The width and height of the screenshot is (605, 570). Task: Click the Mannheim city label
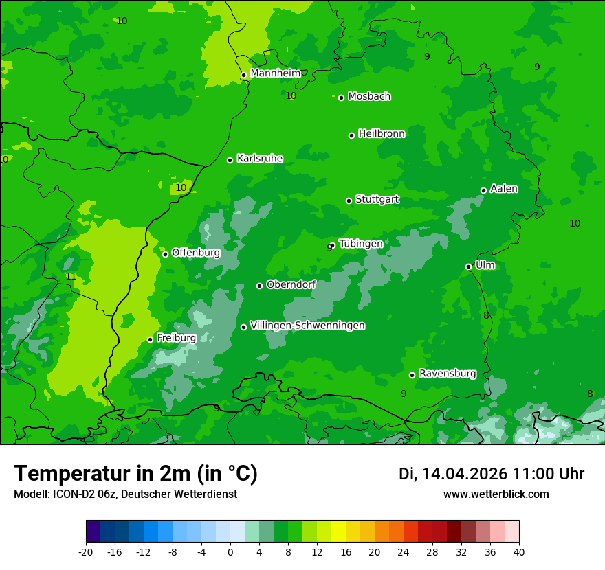275,73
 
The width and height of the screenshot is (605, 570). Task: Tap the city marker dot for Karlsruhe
230,160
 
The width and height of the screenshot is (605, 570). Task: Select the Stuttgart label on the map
377,200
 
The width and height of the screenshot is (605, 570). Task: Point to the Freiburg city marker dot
150,339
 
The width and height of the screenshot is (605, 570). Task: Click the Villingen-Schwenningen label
307,326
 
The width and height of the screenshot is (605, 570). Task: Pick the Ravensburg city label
447,374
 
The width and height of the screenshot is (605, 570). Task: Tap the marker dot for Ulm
468,266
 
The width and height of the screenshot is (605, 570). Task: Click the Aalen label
504,189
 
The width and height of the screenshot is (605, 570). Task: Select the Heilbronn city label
382,134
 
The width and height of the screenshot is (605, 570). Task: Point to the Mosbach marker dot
341,98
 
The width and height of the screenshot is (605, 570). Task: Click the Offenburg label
196,253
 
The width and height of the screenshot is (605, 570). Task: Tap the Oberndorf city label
291,284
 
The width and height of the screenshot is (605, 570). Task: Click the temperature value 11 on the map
71,276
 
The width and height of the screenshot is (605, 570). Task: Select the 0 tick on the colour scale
230,551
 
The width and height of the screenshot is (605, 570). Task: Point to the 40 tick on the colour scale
518,551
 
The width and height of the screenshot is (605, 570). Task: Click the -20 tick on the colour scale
86,551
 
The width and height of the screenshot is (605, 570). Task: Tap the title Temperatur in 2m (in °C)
135,473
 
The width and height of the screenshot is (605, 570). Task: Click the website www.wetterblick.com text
496,494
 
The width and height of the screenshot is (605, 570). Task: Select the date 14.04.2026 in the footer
464,474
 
